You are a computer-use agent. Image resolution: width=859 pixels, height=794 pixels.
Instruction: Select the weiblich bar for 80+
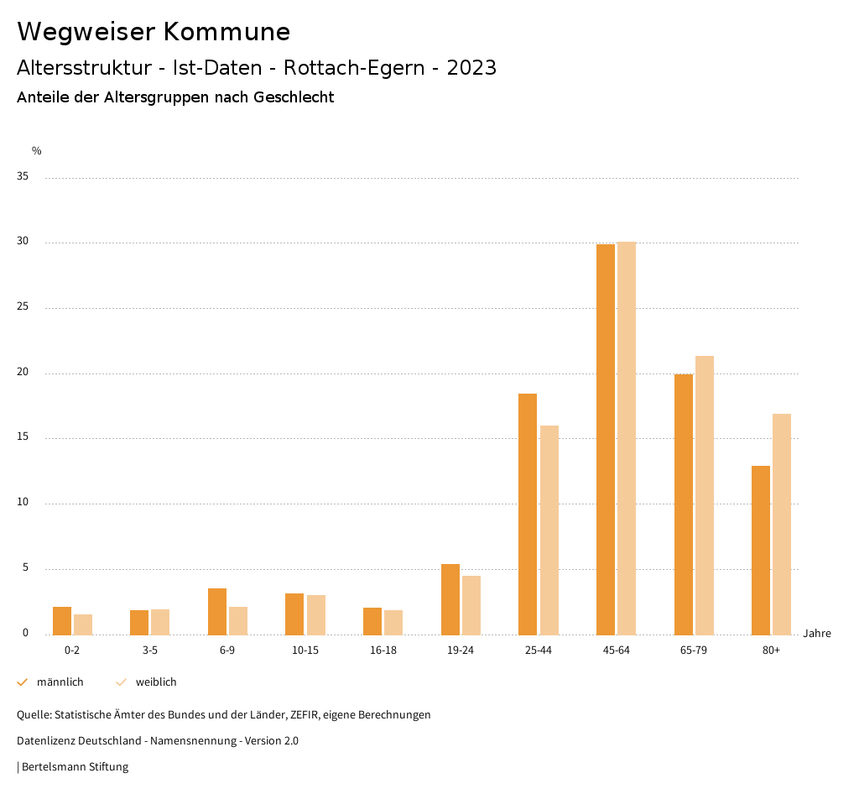coord(782,524)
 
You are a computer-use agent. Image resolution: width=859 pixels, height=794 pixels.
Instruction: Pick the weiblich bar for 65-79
coord(705,495)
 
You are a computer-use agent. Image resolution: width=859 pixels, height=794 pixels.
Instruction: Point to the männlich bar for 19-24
coord(450,599)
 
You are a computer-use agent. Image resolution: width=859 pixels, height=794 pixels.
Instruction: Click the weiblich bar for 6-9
coord(238,620)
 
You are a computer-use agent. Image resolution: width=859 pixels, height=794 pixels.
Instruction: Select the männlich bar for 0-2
coord(62,620)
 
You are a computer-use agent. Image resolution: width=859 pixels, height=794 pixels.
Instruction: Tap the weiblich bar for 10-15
coord(316,614)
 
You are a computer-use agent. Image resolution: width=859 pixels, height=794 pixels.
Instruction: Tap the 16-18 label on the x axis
coord(383,650)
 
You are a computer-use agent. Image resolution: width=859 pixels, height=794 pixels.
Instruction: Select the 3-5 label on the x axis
coord(150,650)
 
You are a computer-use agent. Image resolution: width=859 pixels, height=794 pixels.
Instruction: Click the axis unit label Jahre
coord(816,634)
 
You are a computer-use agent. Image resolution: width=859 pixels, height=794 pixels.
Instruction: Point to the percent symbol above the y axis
coord(37,151)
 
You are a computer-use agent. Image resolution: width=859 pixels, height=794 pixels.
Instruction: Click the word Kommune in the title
coord(226,32)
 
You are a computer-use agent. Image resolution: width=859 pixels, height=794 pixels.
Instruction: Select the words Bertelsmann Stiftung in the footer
coord(75,767)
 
